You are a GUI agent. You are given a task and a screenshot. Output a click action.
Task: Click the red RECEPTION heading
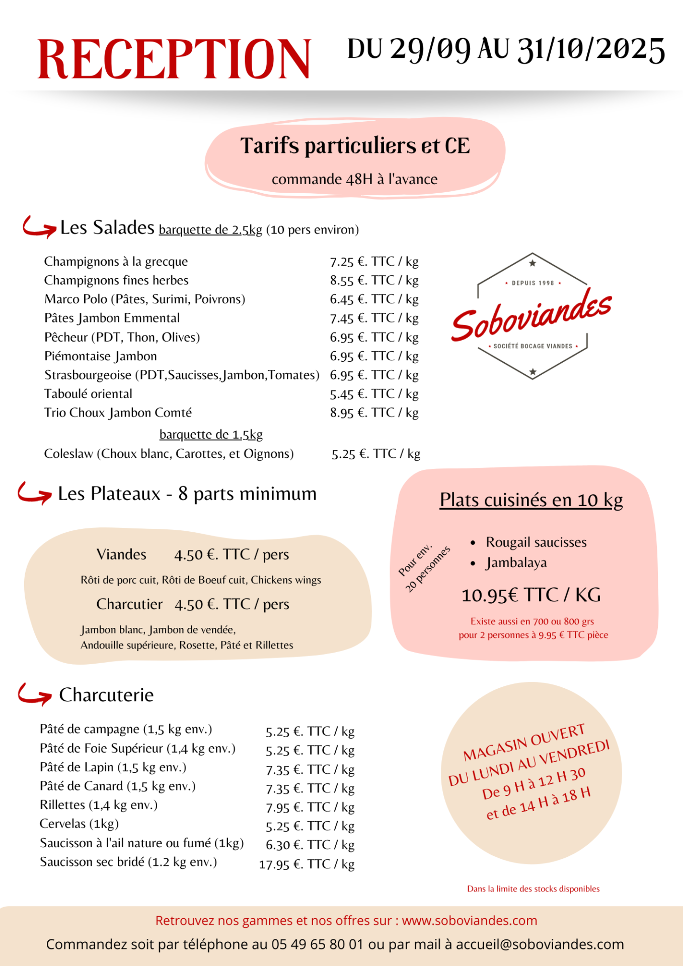coord(174,59)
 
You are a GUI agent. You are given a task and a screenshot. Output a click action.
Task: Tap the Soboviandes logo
coord(532,316)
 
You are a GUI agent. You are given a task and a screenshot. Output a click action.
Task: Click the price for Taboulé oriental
coord(374,394)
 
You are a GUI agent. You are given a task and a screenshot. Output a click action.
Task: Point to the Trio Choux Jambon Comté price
coord(374,413)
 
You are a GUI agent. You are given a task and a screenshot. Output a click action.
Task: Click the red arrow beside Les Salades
coord(39,227)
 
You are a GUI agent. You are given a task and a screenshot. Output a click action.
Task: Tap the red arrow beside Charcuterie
coord(34,694)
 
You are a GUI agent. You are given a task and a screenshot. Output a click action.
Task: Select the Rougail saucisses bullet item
coord(536,542)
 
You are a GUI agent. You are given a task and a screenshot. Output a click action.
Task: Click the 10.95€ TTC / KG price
coord(531,595)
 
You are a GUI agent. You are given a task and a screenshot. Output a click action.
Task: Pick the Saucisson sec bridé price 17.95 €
coord(307,864)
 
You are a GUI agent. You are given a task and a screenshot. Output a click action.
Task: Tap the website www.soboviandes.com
coord(469,921)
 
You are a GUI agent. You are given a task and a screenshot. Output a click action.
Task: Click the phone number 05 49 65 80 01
coord(317,944)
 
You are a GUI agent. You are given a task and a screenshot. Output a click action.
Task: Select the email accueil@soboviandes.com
coord(540,944)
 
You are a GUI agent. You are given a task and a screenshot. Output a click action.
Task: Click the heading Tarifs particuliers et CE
coord(355,146)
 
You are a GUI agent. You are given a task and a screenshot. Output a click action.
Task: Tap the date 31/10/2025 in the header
coord(591,50)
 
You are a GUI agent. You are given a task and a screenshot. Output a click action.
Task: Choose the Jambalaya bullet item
coord(516,562)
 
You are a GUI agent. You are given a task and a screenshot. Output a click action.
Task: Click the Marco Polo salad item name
coord(144,299)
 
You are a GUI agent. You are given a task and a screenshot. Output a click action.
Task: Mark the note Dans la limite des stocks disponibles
coord(533,889)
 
